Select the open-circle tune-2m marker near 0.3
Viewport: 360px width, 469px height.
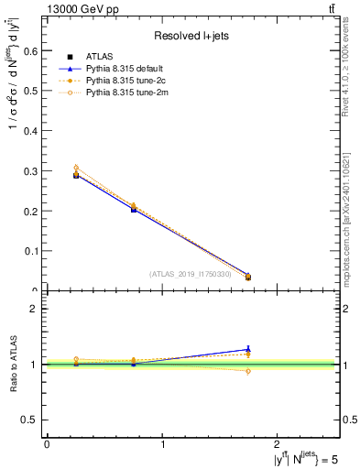76,168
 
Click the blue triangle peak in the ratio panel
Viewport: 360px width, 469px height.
248,349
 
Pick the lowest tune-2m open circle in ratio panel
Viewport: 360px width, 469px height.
248,370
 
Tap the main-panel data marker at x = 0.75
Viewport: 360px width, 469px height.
134,209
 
